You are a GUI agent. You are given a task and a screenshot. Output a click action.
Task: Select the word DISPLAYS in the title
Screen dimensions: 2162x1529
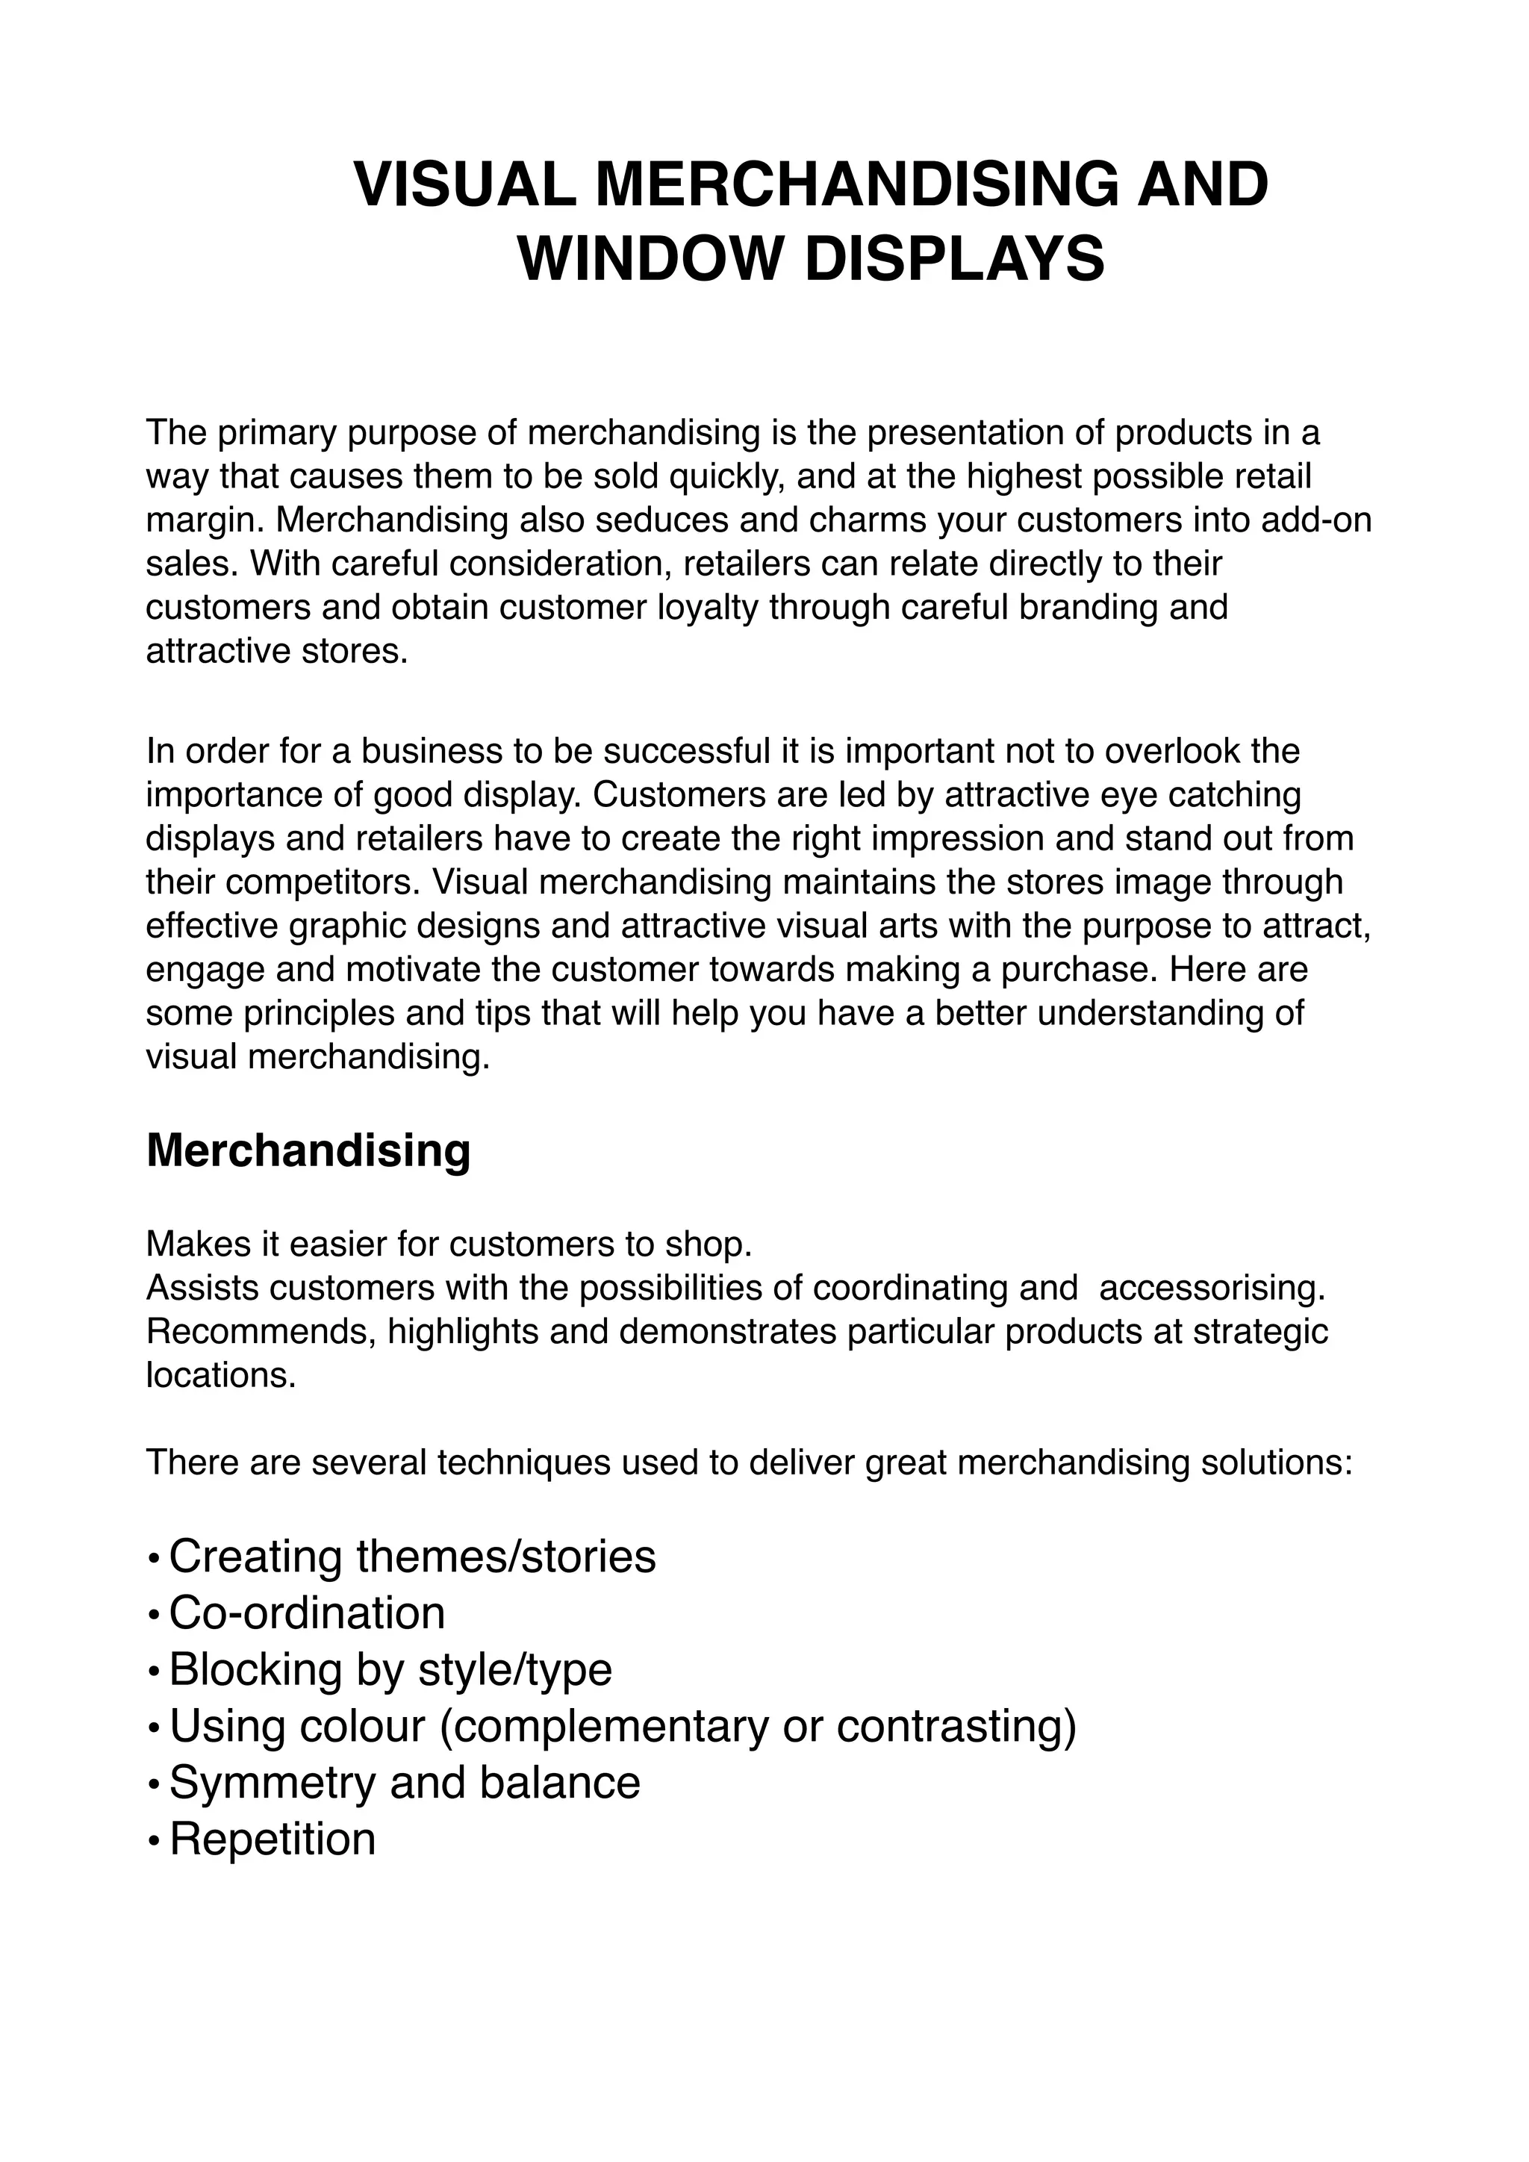[953, 259]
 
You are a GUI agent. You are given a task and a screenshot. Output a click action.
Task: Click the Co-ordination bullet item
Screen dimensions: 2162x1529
[307, 1613]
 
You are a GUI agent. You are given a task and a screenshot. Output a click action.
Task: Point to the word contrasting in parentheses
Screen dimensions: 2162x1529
[956, 1726]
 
